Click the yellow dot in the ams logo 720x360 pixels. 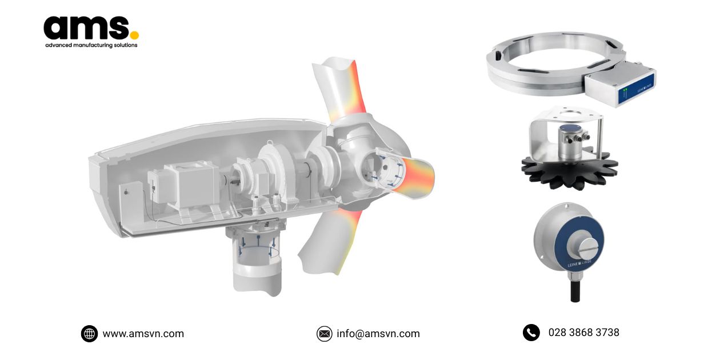coord(134,35)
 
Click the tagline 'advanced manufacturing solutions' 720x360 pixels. coord(91,45)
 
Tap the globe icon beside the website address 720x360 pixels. coord(89,334)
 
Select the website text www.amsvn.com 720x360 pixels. coord(143,334)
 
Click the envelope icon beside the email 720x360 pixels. coord(324,334)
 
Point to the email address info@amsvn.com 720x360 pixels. coord(378,334)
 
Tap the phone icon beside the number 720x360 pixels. coord(531,333)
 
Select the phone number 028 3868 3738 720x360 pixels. coord(583,333)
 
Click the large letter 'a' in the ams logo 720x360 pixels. coord(58,28)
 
